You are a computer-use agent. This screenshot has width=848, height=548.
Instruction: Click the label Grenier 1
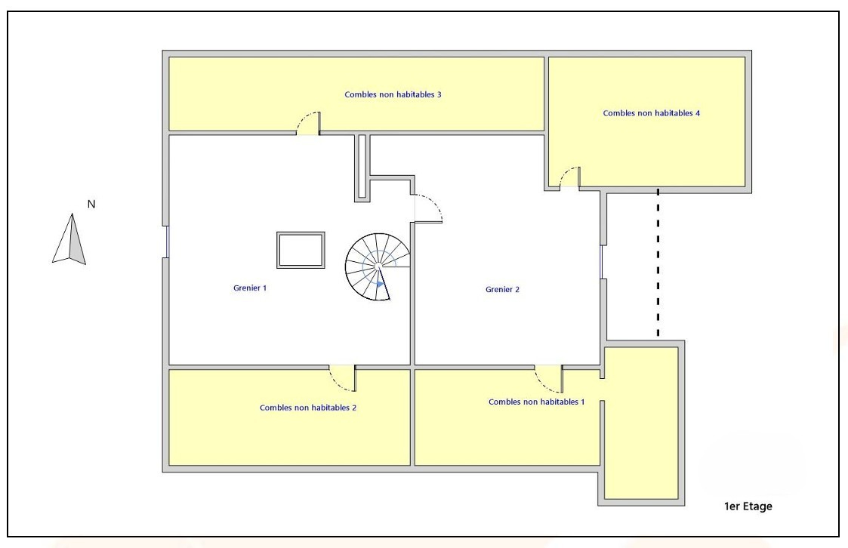pyautogui.click(x=250, y=288)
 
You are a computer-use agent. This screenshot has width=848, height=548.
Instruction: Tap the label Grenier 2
pyautogui.click(x=502, y=290)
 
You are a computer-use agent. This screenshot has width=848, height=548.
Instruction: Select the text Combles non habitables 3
pyautogui.click(x=393, y=94)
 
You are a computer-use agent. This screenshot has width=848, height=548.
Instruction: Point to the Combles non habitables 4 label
pyautogui.click(x=652, y=113)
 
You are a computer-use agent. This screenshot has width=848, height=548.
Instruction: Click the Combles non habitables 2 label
pyautogui.click(x=308, y=408)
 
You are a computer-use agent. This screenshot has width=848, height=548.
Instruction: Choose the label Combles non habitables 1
pyautogui.click(x=536, y=402)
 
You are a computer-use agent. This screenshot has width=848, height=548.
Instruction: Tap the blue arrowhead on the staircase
pyautogui.click(x=381, y=284)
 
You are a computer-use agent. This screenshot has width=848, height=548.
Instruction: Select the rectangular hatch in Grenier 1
pyautogui.click(x=301, y=250)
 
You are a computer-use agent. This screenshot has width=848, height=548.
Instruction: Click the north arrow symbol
pyautogui.click(x=69, y=239)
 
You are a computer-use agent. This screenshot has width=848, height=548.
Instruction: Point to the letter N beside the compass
pyautogui.click(x=91, y=205)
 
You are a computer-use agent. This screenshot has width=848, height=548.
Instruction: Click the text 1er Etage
pyautogui.click(x=748, y=506)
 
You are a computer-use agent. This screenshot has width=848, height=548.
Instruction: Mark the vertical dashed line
pyautogui.click(x=658, y=263)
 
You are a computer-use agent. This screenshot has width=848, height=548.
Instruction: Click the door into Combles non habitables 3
pyautogui.click(x=309, y=123)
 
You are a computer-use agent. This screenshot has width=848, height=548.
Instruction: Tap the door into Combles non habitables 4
pyautogui.click(x=569, y=177)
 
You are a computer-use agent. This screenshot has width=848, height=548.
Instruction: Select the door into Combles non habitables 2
pyautogui.click(x=343, y=378)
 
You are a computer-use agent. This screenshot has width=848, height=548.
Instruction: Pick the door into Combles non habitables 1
pyautogui.click(x=549, y=379)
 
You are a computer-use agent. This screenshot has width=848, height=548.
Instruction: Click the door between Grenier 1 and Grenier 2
pyautogui.click(x=428, y=208)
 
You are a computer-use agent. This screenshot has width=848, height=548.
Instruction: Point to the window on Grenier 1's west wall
pyautogui.click(x=167, y=242)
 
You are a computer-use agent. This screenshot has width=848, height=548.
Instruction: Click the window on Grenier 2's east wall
pyautogui.click(x=602, y=262)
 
